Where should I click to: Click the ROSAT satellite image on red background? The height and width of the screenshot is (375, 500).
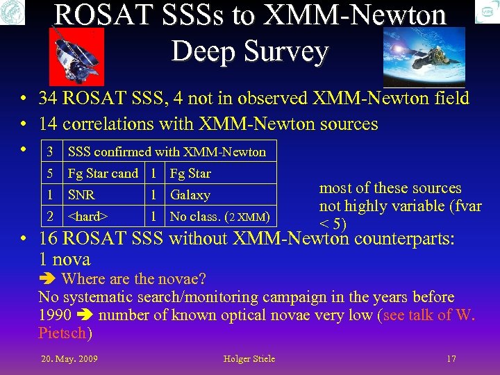pos(76,56)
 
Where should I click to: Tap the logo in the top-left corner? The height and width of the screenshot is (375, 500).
pos(12,12)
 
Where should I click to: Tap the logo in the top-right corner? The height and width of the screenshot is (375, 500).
pos(487,12)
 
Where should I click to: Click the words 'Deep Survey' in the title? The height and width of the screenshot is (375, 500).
pos(249,52)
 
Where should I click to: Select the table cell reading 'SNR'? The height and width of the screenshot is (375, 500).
pos(81,195)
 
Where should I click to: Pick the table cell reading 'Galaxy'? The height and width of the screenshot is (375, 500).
pos(190,195)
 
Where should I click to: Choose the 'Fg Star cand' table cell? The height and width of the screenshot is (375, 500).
pos(102,174)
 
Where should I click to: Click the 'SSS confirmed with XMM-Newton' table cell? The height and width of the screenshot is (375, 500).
pos(165,152)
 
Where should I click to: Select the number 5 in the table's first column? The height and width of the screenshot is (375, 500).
pos(49,174)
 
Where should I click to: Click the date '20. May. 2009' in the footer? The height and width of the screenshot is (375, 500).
pos(69,359)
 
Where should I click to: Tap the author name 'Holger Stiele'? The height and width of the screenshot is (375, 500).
pos(249,359)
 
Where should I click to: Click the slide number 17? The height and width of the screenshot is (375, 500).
pos(451,359)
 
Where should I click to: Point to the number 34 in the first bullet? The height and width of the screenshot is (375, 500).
pos(49,99)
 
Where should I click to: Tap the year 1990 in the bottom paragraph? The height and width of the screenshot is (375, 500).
pos(55,315)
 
